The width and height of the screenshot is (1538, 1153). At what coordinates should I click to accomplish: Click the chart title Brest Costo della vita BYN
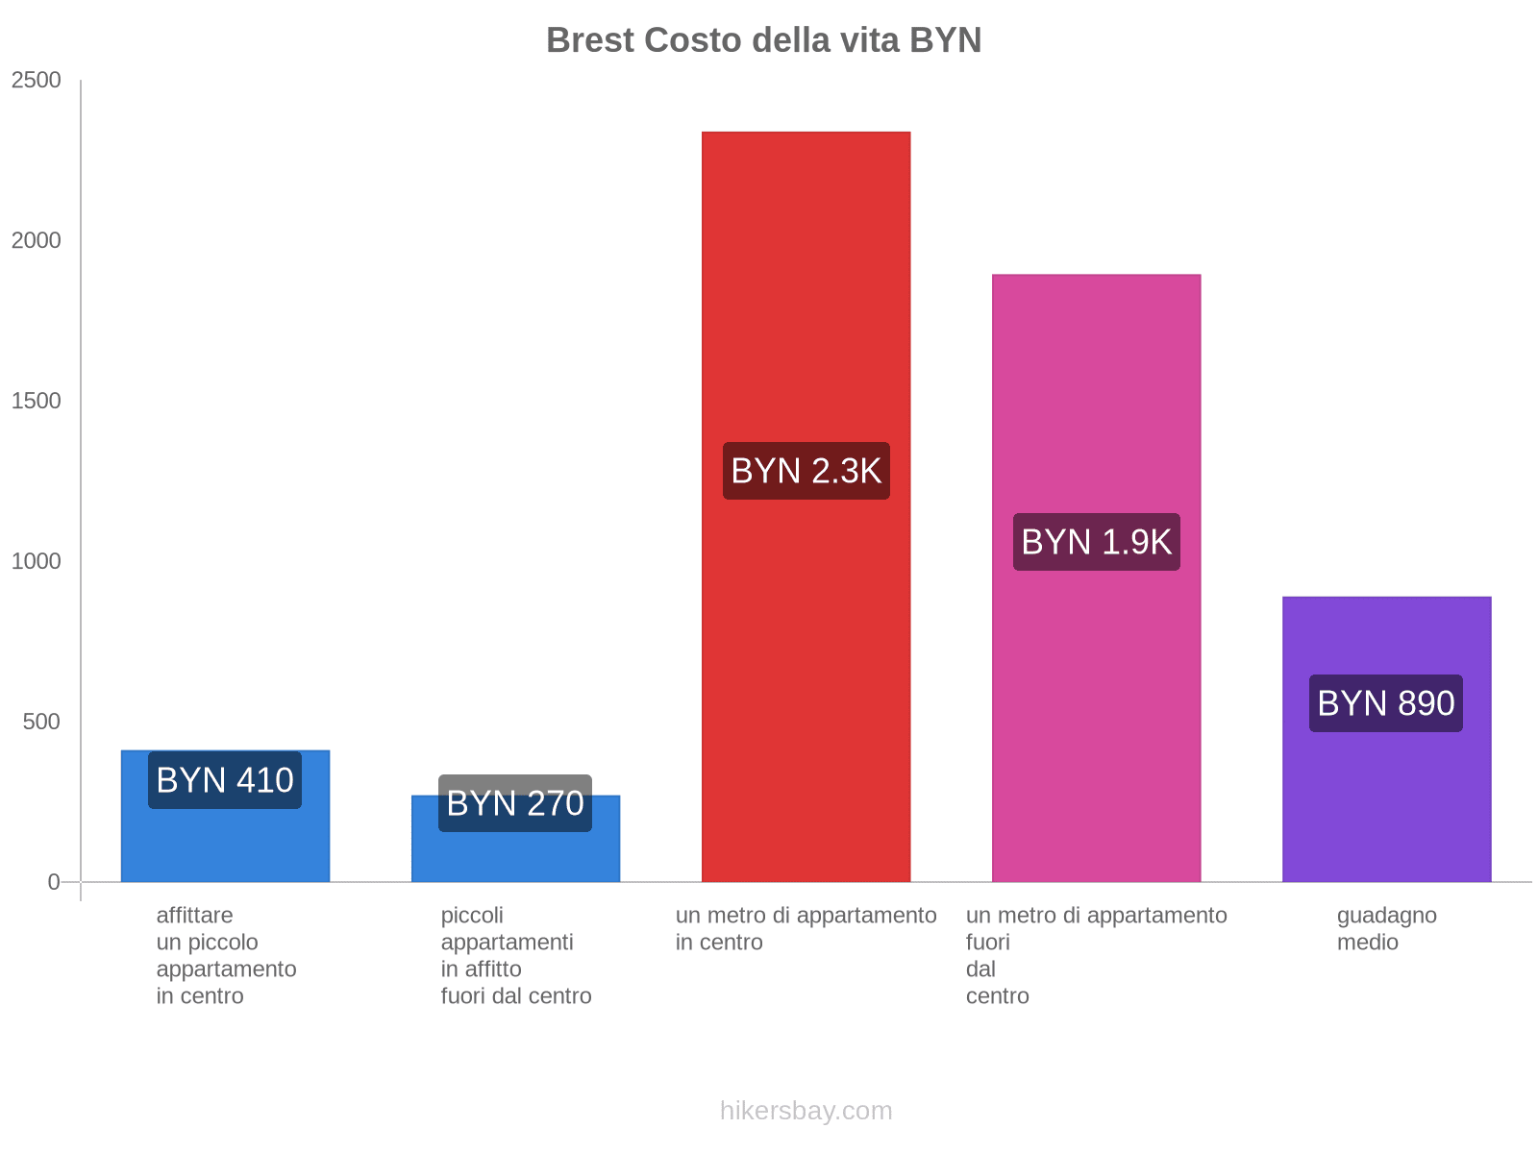pyautogui.click(x=763, y=40)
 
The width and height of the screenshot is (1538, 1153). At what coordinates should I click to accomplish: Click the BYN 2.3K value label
pyautogui.click(x=806, y=471)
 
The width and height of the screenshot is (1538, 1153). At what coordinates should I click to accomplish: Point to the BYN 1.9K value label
pyautogui.click(x=1096, y=542)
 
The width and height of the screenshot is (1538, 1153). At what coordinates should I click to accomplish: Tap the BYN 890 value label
pyautogui.click(x=1385, y=703)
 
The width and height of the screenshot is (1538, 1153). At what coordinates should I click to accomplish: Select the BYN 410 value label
pyautogui.click(x=225, y=780)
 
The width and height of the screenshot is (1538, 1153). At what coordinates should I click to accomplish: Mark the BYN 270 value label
pyautogui.click(x=515, y=803)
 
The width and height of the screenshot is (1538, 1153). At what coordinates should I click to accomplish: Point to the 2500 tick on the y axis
pyautogui.click(x=37, y=80)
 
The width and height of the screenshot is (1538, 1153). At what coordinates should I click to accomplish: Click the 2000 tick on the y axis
pyautogui.click(x=37, y=240)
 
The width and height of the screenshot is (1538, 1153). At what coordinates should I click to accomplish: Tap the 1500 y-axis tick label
pyautogui.click(x=37, y=401)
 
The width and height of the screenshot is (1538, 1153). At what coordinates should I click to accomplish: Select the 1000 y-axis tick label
pyautogui.click(x=37, y=561)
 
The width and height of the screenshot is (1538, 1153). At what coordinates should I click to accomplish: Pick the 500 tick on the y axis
pyautogui.click(x=42, y=722)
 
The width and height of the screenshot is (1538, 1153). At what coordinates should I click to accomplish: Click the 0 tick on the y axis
pyautogui.click(x=54, y=882)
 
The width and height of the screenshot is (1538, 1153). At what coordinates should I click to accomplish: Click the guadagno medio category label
pyautogui.click(x=1386, y=928)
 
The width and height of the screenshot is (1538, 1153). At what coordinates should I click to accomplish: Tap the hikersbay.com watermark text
pyautogui.click(x=806, y=1111)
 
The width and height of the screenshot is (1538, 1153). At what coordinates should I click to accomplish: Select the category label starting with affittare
pyautogui.click(x=226, y=955)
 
